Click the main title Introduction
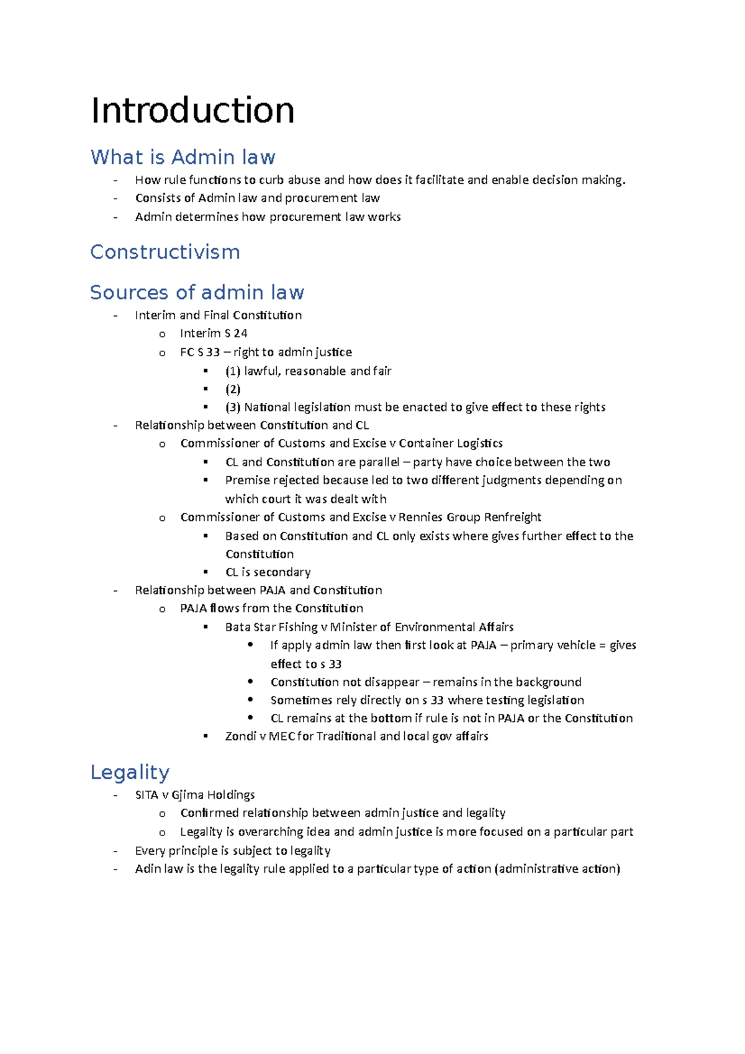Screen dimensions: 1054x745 pos(192,110)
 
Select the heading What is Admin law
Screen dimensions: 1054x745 pos(183,157)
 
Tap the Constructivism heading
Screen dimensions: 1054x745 pos(165,252)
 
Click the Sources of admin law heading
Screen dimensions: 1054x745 pos(197,292)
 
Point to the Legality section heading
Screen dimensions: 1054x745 pos(130,772)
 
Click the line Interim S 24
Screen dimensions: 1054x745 pos(214,333)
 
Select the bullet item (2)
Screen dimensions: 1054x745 pos(233,389)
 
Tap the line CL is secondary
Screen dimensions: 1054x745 pos(268,572)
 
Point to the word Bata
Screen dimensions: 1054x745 pos(237,627)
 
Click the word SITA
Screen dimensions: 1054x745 pos(147,795)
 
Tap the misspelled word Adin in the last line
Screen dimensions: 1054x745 pos(148,868)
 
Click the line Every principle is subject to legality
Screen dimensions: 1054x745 pos(233,850)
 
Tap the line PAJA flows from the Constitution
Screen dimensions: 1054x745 pos(271,608)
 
